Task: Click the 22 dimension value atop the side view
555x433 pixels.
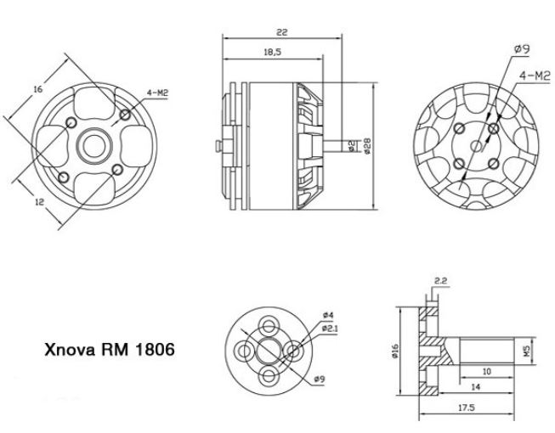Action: pyautogui.click(x=281, y=31)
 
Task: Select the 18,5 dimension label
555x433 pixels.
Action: pyautogui.click(x=270, y=52)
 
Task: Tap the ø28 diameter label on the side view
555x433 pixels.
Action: pyautogui.click(x=366, y=146)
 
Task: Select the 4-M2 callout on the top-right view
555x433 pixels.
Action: pyautogui.click(x=535, y=77)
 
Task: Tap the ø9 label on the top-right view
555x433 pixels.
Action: pyautogui.click(x=522, y=49)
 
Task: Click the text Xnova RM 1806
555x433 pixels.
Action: pyautogui.click(x=110, y=349)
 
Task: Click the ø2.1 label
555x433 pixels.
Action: pyautogui.click(x=330, y=329)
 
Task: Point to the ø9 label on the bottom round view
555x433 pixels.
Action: pyautogui.click(x=321, y=380)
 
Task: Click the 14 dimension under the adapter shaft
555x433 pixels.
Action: pyautogui.click(x=473, y=387)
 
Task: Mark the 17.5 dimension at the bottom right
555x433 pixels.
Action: pyautogui.click(x=465, y=408)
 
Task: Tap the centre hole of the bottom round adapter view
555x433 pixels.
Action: pyautogui.click(x=271, y=351)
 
